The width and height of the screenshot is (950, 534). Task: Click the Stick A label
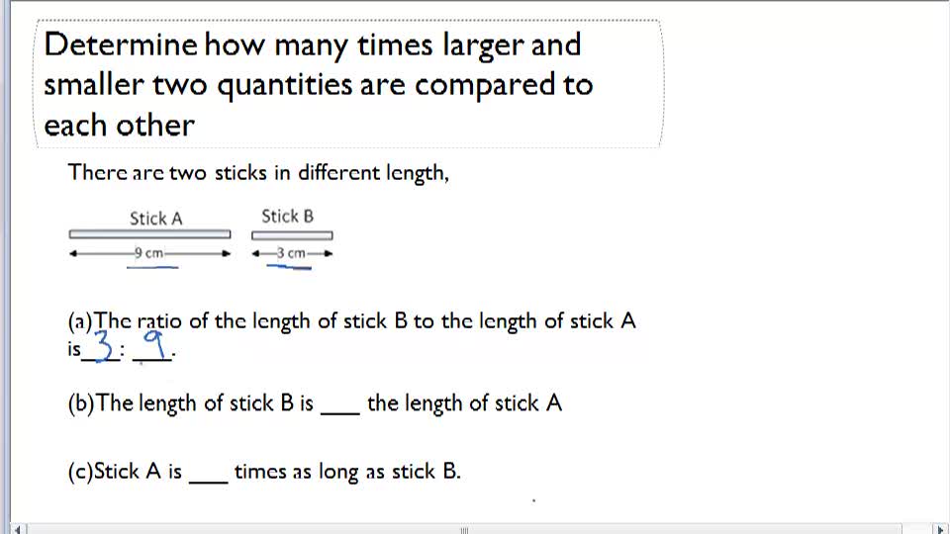[156, 219]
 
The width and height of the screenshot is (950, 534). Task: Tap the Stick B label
[287, 216]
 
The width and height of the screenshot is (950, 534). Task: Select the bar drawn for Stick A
[149, 234]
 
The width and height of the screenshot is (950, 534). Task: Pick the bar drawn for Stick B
[292, 235]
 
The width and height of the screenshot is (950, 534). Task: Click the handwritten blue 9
[153, 345]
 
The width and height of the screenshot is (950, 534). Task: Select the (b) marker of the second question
[81, 403]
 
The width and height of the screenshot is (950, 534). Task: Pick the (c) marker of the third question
[80, 472]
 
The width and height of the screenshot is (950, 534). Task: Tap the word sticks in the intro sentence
[238, 173]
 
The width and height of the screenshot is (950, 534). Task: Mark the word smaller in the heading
[93, 85]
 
